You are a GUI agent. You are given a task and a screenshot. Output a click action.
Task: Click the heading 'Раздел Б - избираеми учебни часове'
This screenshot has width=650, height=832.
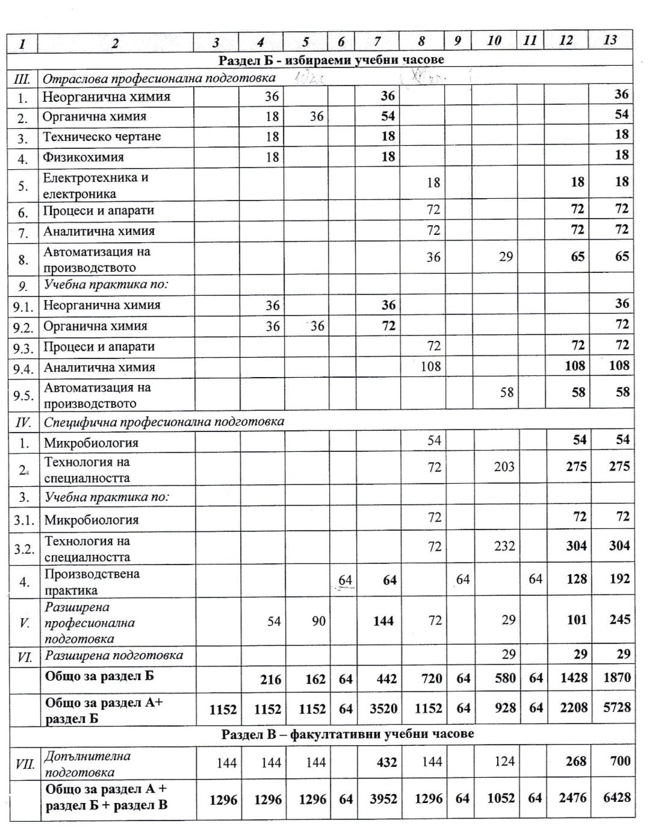point(331,60)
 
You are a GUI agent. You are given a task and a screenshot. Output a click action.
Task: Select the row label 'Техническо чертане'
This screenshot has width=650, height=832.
point(102,137)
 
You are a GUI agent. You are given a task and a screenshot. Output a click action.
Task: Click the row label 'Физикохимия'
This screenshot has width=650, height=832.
point(83,157)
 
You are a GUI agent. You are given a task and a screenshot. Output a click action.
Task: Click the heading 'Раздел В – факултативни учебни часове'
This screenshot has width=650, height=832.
point(347,734)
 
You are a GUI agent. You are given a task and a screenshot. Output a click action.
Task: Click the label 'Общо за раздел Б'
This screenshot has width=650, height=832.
point(99,676)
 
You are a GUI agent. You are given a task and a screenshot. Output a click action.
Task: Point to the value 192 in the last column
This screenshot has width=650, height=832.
point(619,579)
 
